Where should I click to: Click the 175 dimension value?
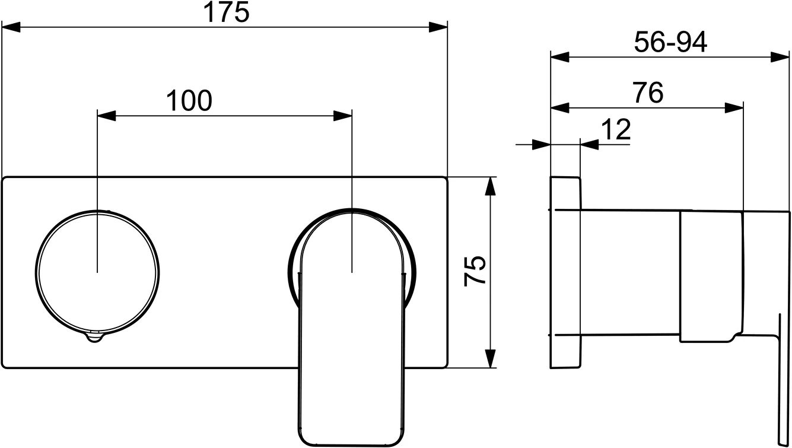pos(226,12)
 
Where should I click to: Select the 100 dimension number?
pos(189,101)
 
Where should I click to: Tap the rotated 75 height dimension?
pos(475,271)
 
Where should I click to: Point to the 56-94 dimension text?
pos(670,42)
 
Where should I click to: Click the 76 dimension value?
pos(648,93)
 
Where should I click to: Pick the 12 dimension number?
pos(616,130)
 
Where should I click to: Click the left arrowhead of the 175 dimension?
pos(11,27)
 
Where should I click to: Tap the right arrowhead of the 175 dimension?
pos(438,27)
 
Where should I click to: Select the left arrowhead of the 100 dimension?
pos(106,115)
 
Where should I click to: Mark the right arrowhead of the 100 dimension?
pos(343,115)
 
